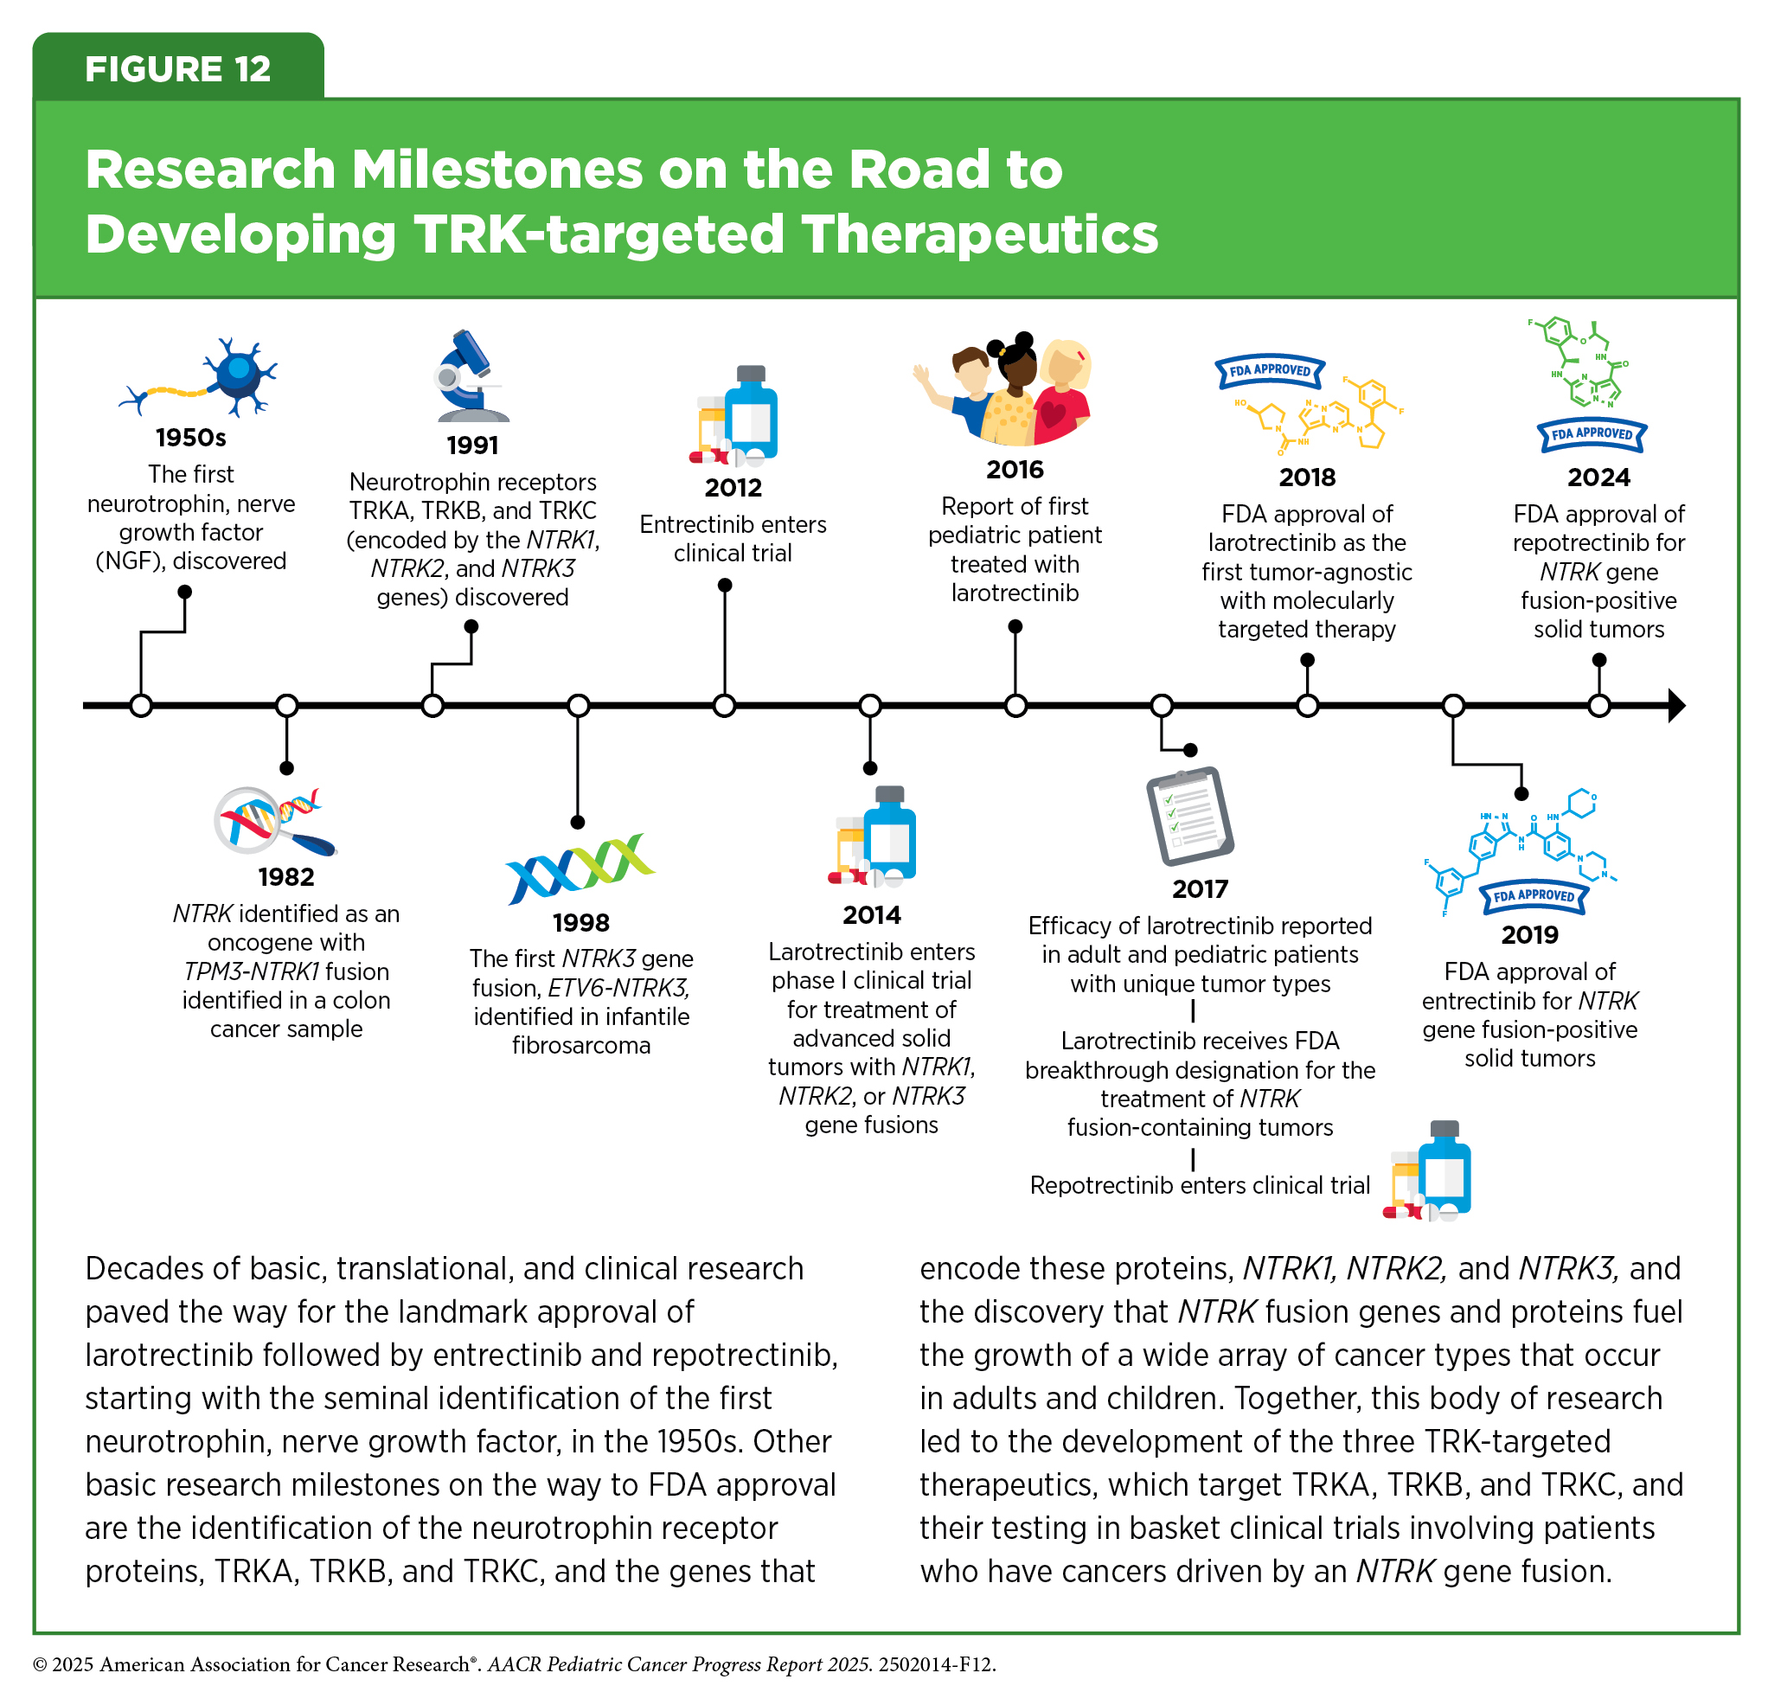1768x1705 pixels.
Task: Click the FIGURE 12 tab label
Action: (x=177, y=69)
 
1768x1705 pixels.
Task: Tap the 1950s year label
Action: (x=190, y=438)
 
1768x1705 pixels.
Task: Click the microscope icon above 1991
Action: (x=469, y=376)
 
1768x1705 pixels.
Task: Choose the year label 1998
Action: (x=581, y=922)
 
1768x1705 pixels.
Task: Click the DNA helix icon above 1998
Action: (x=580, y=867)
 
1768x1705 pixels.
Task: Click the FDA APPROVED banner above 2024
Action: (x=1592, y=434)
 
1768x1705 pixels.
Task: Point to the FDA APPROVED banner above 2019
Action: (x=1534, y=896)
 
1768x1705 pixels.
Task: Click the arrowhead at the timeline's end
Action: (x=1675, y=706)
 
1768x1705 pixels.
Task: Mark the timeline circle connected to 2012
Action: (x=724, y=706)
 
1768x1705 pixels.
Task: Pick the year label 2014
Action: (x=871, y=914)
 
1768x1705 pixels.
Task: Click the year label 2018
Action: (x=1307, y=478)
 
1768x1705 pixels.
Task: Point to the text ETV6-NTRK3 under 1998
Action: (x=618, y=988)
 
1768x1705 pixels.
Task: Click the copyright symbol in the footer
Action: (x=40, y=1664)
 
